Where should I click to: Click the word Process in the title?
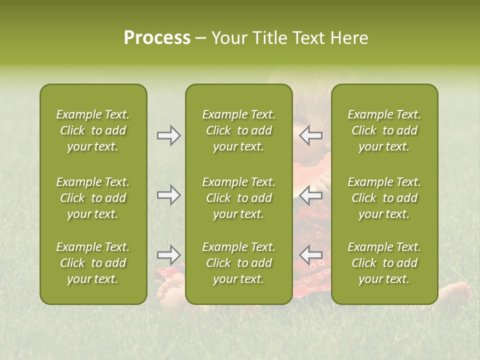point(157,38)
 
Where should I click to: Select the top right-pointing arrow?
point(168,135)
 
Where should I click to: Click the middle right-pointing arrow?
point(168,194)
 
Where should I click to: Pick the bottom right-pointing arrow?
point(168,254)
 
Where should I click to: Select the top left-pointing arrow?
point(311,135)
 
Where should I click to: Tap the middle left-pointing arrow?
point(311,194)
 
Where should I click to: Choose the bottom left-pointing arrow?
point(311,254)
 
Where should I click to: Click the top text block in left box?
point(93,130)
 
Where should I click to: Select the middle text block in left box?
point(93,198)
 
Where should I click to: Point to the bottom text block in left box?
point(93,263)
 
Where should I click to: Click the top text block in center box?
point(238,130)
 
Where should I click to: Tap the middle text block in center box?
point(238,198)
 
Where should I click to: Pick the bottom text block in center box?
point(238,263)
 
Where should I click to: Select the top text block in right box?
point(384,130)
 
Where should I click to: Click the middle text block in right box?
point(384,198)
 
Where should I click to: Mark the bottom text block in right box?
point(384,263)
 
